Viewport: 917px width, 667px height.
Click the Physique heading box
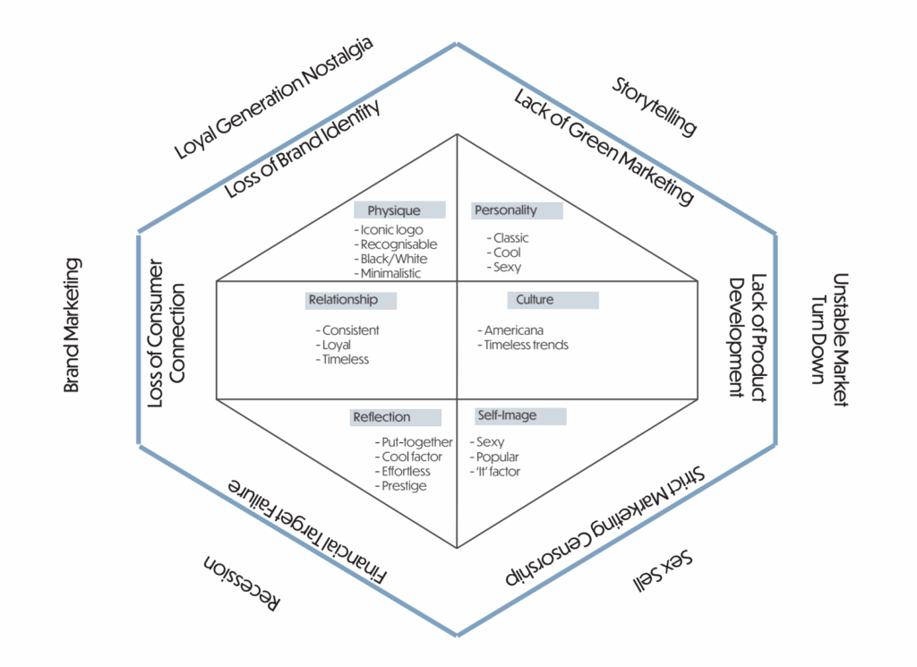point(399,210)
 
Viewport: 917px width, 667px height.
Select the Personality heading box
point(518,210)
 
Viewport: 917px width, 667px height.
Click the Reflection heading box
point(396,417)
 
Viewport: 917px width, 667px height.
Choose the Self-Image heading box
point(519,416)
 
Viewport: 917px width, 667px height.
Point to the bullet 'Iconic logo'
point(388,230)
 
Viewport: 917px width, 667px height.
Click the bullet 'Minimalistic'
point(390,273)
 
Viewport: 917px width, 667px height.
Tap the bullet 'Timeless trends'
point(526,345)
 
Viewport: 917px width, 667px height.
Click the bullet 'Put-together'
point(414,442)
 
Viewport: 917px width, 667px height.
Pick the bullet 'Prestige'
point(400,485)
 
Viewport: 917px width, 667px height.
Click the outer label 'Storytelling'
point(655,107)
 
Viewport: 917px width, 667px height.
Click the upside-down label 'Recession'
point(241,584)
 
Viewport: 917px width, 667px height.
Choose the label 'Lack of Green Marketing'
point(604,147)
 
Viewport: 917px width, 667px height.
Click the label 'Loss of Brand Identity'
point(302,149)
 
